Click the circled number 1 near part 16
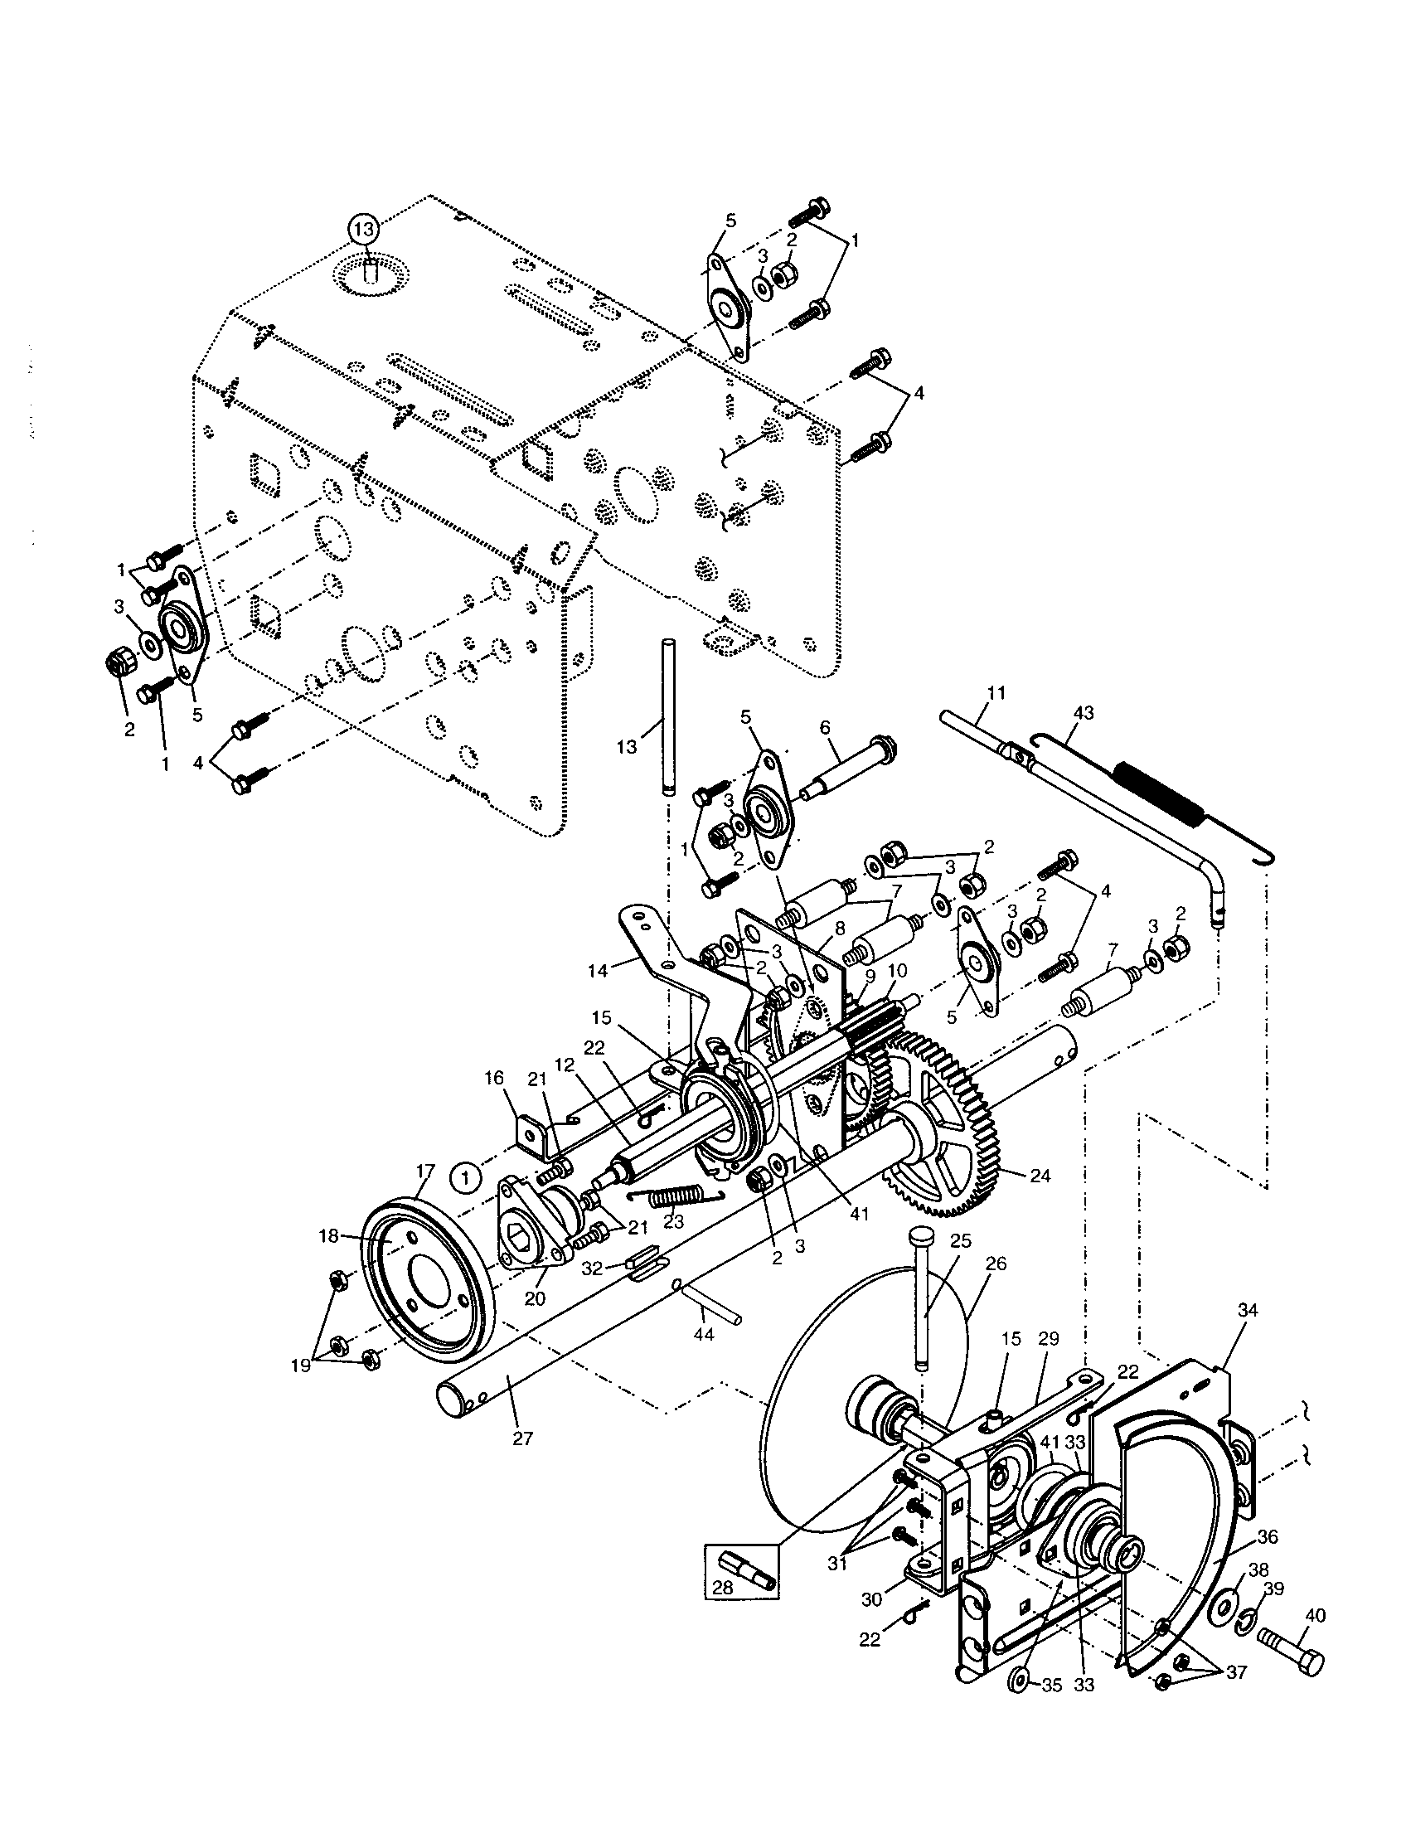click(x=466, y=1177)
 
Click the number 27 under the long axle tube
click(x=521, y=1438)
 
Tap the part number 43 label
click(x=1084, y=713)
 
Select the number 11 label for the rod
click(x=996, y=692)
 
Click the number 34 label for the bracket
click(x=1247, y=1309)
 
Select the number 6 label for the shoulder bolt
click(x=825, y=726)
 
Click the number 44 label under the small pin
click(x=704, y=1334)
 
